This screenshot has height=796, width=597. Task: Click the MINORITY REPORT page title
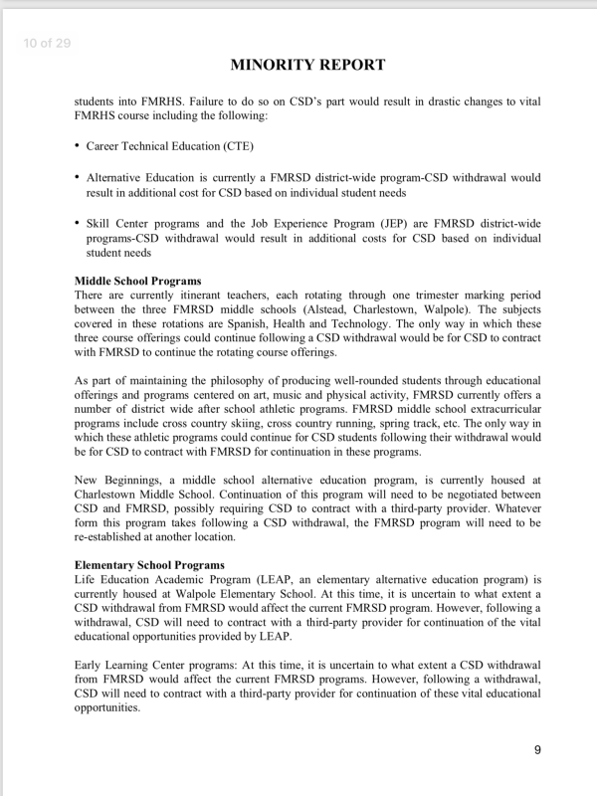307,66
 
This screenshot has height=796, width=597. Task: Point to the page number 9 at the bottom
537,749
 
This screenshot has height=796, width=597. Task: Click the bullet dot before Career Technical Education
78,145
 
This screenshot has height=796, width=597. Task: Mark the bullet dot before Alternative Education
78,176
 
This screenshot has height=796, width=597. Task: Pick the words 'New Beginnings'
117,481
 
